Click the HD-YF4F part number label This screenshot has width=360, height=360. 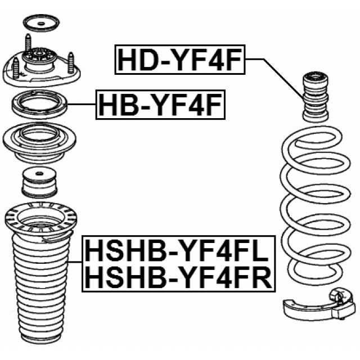(x=181, y=59)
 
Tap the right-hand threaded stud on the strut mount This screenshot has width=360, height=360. (x=71, y=61)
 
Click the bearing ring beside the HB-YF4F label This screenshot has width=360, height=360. (x=39, y=105)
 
